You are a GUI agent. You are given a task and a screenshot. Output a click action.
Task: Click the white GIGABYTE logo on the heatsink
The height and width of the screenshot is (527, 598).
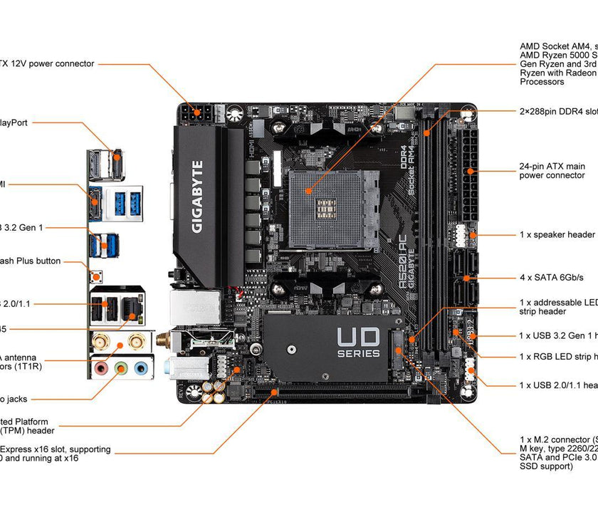click(x=197, y=197)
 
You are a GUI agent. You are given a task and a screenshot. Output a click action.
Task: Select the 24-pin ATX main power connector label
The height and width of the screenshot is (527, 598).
click(x=552, y=171)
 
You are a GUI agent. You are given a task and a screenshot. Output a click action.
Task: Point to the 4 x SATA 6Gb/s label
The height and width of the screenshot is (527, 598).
click(x=552, y=277)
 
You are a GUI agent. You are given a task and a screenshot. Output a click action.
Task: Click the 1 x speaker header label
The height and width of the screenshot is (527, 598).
click(x=557, y=234)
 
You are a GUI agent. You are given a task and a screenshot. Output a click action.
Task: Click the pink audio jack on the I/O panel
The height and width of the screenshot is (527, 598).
click(x=102, y=369)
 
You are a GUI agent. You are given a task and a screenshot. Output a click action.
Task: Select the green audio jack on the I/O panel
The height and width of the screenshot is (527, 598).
click(x=122, y=369)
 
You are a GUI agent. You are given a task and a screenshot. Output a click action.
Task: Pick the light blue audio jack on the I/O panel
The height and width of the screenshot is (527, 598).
click(x=142, y=369)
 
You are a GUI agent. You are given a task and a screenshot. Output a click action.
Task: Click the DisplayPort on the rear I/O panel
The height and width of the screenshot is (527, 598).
click(x=116, y=163)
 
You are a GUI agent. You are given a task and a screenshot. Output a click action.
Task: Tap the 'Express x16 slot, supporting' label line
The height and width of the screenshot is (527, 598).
click(x=56, y=449)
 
